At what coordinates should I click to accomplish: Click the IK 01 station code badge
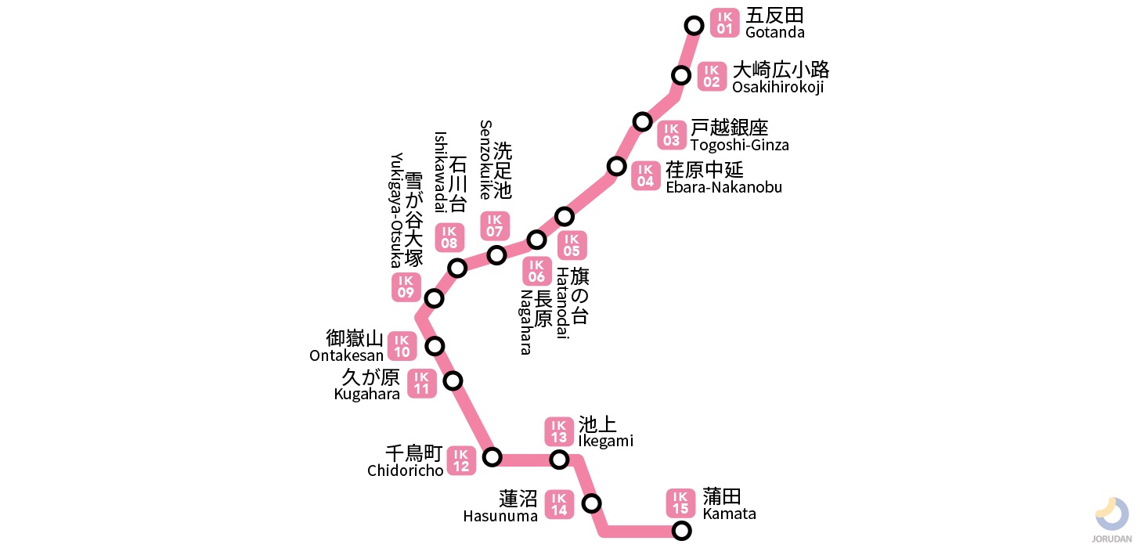click(x=724, y=23)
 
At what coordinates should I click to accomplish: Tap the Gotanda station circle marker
click(x=694, y=26)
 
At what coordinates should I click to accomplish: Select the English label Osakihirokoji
click(x=777, y=87)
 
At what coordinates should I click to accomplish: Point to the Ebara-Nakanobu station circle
click(x=617, y=166)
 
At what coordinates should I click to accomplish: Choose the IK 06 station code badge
click(x=536, y=271)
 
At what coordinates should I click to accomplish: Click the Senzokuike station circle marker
click(x=496, y=255)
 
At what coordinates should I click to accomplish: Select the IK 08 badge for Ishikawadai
click(x=449, y=237)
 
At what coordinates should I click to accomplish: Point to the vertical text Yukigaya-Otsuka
click(x=396, y=210)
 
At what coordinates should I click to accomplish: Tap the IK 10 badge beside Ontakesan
click(x=402, y=346)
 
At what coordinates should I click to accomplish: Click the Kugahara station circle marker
click(x=453, y=381)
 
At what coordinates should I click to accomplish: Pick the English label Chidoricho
click(x=406, y=470)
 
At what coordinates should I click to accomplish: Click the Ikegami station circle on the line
click(x=559, y=459)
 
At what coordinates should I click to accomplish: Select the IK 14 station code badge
click(x=559, y=504)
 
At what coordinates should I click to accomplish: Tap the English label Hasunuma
click(x=500, y=516)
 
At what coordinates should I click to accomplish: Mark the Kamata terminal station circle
click(x=682, y=531)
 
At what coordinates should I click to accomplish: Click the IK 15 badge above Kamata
click(x=680, y=503)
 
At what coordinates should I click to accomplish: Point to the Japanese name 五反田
click(x=774, y=16)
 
